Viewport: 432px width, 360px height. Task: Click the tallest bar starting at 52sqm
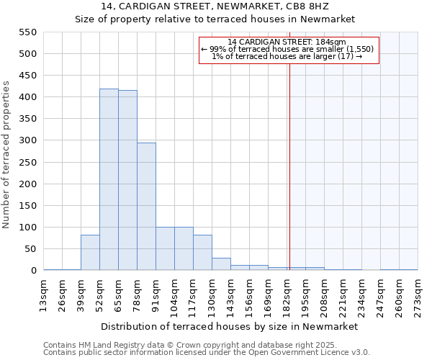coord(109,179)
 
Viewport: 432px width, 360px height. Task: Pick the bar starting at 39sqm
coord(90,253)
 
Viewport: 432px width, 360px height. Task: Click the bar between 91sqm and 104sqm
coord(165,249)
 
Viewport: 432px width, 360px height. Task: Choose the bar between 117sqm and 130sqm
coord(202,253)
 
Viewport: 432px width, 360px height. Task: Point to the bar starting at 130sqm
coord(221,264)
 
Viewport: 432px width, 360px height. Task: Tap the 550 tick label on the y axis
coord(27,32)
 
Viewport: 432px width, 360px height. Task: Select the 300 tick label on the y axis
coord(27,140)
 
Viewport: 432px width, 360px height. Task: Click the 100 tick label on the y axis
coord(27,228)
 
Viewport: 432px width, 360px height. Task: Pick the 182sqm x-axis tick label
coord(287,294)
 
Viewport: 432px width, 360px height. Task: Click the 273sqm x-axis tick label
coord(418,294)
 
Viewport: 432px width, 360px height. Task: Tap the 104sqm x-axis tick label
coord(175,294)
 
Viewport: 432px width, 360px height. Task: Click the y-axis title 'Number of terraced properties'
coord(6,155)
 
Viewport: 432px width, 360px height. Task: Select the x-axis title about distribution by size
coord(230,326)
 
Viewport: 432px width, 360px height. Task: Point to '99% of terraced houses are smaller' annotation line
coord(289,49)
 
